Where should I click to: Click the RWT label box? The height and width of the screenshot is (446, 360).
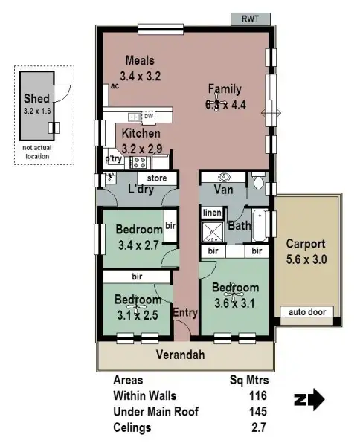click(x=249, y=19)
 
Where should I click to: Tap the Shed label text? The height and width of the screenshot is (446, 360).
click(x=36, y=98)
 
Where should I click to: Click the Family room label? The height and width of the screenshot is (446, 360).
click(x=225, y=88)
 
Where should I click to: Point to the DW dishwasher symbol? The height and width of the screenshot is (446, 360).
click(x=149, y=117)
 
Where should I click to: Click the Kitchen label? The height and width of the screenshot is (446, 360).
click(x=141, y=133)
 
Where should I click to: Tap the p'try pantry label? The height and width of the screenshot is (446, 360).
click(x=114, y=158)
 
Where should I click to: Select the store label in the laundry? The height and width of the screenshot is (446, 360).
click(x=156, y=178)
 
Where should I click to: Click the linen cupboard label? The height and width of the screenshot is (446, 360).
click(x=212, y=213)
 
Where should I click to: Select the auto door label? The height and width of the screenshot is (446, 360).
click(x=306, y=312)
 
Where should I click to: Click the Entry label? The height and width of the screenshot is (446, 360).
click(x=185, y=312)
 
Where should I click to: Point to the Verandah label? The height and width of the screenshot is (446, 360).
click(x=179, y=355)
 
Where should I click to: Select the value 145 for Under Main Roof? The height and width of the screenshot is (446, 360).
click(x=257, y=411)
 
